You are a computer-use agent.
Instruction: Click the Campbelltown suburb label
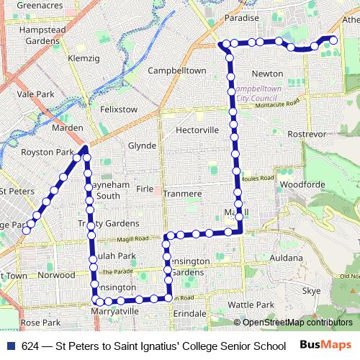tap(177, 71)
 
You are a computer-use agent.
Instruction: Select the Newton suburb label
tap(267, 73)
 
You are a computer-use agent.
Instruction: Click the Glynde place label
tap(142, 145)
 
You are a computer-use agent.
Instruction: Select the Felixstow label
tap(119, 109)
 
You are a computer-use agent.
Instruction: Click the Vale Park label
tap(36, 94)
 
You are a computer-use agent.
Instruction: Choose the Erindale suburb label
tap(189, 315)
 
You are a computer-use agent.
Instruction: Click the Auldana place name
tap(287, 257)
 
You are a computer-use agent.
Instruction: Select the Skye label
tap(312, 291)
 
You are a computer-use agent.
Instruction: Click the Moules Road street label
tap(257, 178)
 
